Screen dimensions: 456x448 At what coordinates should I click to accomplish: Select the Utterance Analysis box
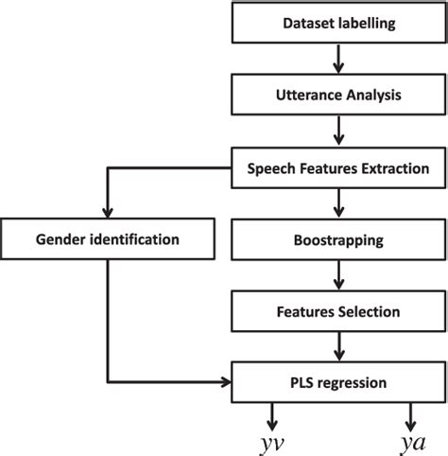(x=337, y=96)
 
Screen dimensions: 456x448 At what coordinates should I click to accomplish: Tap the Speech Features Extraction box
(x=337, y=167)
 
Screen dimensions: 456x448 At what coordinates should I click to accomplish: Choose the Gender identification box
(x=108, y=239)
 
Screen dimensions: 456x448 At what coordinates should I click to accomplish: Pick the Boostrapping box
(x=337, y=239)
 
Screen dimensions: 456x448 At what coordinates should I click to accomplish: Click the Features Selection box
(x=337, y=310)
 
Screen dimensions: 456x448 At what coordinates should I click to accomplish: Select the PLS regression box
(x=337, y=382)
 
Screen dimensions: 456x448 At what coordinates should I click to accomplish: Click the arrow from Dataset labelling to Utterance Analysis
(x=337, y=60)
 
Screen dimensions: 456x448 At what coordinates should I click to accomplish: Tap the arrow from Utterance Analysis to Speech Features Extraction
(x=337, y=132)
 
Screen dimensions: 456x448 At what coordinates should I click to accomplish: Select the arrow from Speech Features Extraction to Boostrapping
(x=337, y=202)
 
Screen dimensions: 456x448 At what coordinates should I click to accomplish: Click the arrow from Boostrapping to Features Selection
(x=337, y=274)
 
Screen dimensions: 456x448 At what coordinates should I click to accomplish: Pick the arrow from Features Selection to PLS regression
(x=337, y=346)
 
